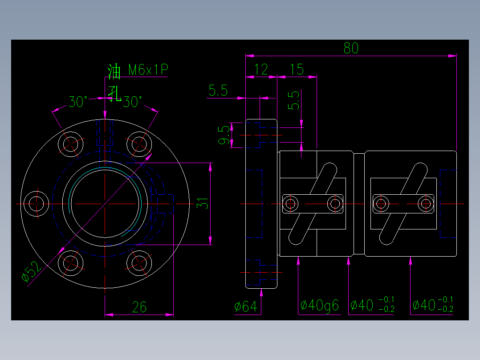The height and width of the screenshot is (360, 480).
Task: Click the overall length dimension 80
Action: click(x=351, y=48)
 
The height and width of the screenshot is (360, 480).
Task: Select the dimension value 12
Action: click(x=261, y=70)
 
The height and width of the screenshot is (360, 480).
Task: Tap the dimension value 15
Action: click(x=297, y=70)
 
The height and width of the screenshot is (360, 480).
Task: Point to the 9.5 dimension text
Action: click(x=225, y=135)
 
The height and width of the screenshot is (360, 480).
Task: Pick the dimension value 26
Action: click(x=139, y=307)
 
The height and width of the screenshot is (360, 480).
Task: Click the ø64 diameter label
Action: click(x=246, y=307)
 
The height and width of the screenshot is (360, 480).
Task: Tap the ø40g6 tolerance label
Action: click(x=320, y=306)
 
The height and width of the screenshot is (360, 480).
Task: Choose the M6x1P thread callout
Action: click(x=148, y=70)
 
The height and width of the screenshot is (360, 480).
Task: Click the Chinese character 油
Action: click(x=114, y=71)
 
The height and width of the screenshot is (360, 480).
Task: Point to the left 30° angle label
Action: click(x=77, y=102)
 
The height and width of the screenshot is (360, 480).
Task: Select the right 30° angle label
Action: click(x=132, y=102)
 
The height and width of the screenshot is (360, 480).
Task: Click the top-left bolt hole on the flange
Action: click(x=71, y=143)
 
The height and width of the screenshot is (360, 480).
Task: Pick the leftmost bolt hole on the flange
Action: click(x=36, y=204)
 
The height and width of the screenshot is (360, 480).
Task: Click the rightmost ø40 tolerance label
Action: click(x=432, y=305)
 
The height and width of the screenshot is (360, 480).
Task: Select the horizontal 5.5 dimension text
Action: click(x=218, y=91)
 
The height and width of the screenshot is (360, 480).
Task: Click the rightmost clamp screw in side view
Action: click(x=425, y=204)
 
